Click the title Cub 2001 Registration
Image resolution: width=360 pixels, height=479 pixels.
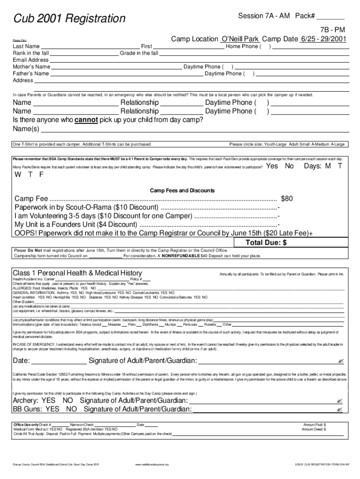pyautogui.click(x=69, y=19)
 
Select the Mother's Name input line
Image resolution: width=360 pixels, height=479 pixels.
pyautogui.click(x=116, y=67)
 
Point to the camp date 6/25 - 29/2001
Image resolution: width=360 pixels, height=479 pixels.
pyautogui.click(x=324, y=39)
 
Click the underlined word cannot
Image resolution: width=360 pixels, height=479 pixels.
pyautogui.click(x=86, y=120)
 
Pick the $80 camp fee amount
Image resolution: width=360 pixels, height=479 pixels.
pyautogui.click(x=287, y=199)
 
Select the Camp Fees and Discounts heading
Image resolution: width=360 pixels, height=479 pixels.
pyautogui.click(x=182, y=191)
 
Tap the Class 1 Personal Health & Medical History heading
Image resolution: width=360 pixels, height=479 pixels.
pyautogui.click(x=77, y=273)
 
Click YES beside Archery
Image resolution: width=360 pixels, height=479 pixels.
pyautogui.click(x=48, y=401)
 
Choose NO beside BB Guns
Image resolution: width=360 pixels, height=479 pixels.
pyautogui.click(x=71, y=409)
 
